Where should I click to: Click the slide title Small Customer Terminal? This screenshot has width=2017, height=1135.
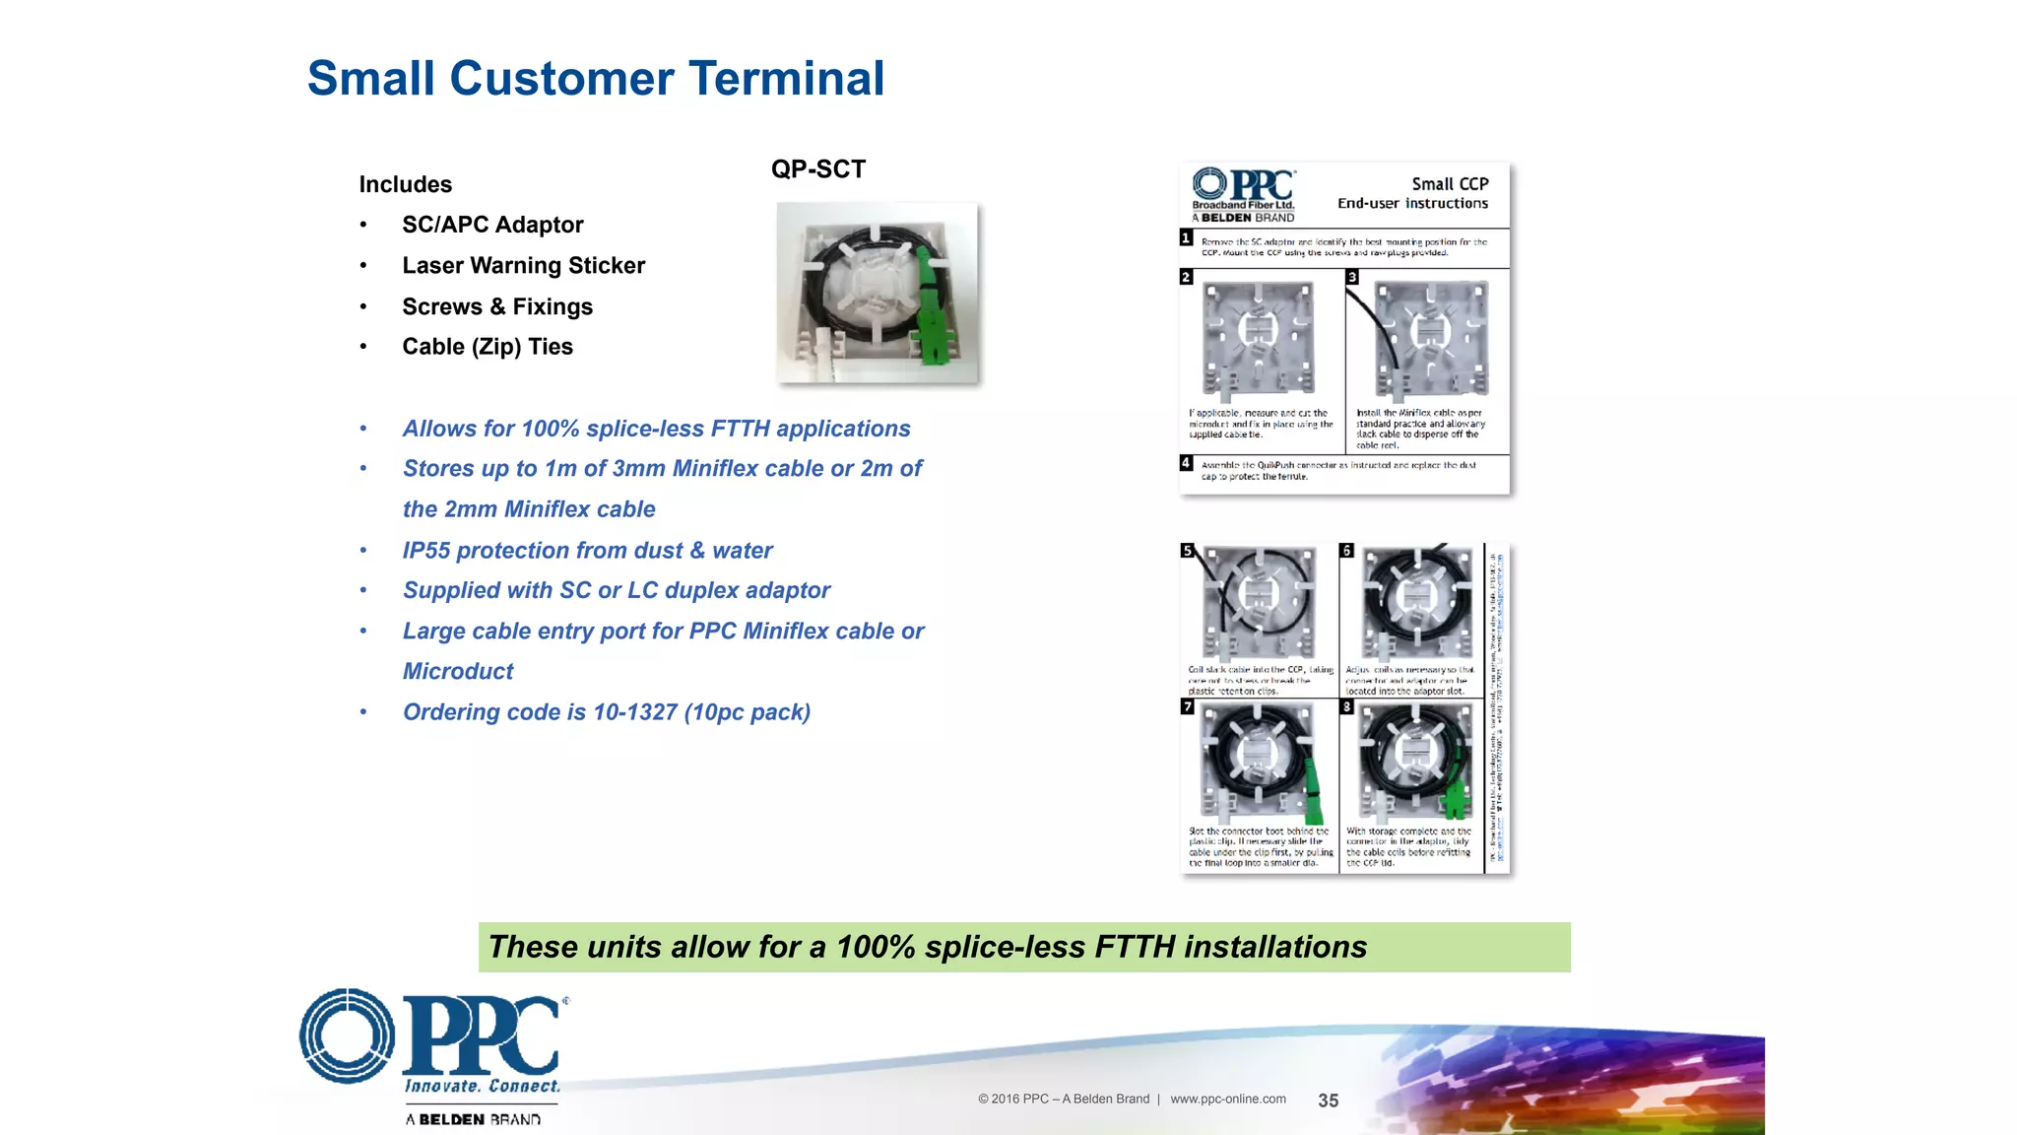click(x=595, y=79)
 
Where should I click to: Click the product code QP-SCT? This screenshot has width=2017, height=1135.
click(x=817, y=169)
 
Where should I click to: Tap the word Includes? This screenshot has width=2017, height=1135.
click(x=405, y=184)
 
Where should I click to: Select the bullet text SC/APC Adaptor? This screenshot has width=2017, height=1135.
click(x=492, y=225)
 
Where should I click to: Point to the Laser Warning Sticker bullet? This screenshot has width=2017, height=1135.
click(x=523, y=265)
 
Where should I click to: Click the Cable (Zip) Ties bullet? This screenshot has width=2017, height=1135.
click(x=487, y=347)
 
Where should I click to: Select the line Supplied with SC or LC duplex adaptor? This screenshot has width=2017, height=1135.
click(x=616, y=590)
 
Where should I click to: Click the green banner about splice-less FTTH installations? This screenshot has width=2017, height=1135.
click(x=1023, y=947)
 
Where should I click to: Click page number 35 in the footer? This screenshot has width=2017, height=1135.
click(x=1328, y=1101)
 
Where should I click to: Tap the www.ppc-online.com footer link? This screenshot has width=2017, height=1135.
click(x=1227, y=1100)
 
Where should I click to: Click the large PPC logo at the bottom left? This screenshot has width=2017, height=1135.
click(x=433, y=1038)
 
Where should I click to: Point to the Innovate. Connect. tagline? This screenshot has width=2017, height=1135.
click(x=482, y=1086)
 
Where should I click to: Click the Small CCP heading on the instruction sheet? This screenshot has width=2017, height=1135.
click(x=1449, y=184)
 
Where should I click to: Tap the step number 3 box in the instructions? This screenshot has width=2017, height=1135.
click(x=1352, y=278)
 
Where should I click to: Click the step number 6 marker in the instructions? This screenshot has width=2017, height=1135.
click(x=1346, y=551)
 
